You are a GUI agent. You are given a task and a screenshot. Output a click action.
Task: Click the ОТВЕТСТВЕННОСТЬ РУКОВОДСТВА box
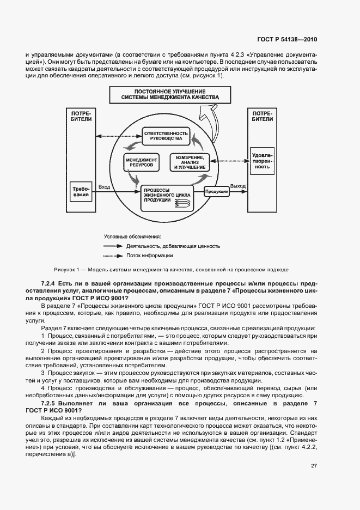click(166, 135)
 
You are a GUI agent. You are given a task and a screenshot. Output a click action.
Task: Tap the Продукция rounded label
click(216, 191)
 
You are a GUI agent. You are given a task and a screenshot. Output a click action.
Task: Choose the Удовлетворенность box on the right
click(262, 160)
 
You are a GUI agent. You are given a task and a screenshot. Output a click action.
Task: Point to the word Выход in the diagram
click(238, 186)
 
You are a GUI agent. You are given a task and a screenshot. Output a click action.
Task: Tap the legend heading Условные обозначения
click(132, 236)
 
